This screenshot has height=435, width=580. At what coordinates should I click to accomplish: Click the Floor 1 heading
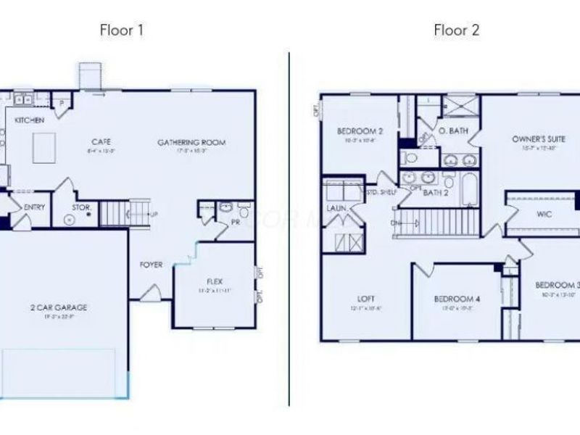[x=121, y=30]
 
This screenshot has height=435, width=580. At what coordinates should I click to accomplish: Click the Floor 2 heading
[x=457, y=30]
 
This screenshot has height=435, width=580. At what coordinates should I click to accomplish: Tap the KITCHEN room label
[x=29, y=120]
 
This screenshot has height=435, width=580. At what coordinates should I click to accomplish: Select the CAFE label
[x=100, y=142]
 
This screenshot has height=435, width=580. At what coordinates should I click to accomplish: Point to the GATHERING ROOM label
[x=191, y=142]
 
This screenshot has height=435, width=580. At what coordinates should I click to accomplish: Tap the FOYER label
[x=151, y=265]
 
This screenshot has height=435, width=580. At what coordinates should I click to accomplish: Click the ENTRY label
[x=34, y=207]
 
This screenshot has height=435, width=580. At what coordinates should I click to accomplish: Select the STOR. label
[x=80, y=207]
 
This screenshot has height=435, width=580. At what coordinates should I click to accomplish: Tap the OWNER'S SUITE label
[x=535, y=138]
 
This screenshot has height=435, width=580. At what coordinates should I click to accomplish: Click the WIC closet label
[x=544, y=215]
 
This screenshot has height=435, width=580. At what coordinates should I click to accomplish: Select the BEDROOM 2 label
[x=360, y=131]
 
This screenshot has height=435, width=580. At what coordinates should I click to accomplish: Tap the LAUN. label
[x=336, y=208]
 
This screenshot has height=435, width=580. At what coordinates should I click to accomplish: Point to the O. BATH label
[x=453, y=131]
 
